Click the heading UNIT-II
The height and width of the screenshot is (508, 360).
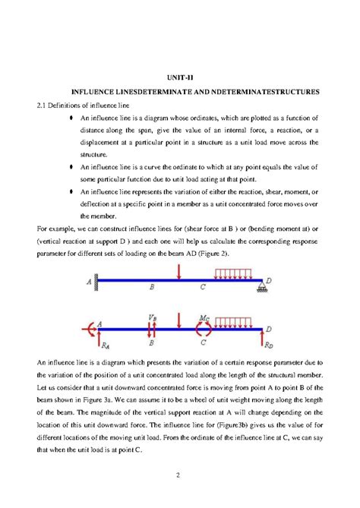(178, 77)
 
